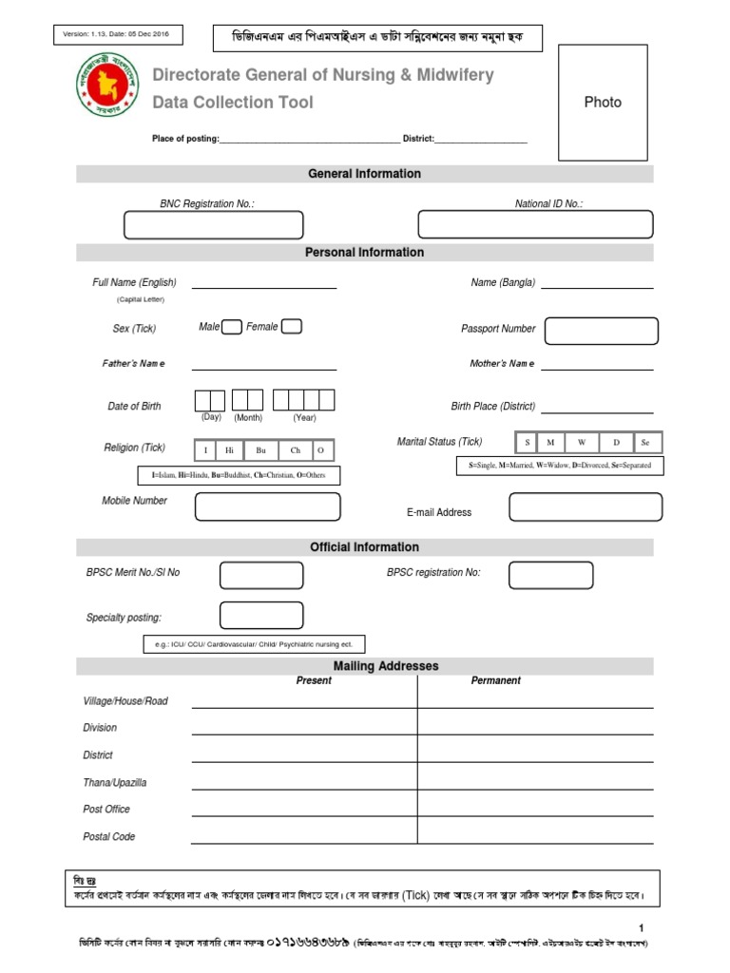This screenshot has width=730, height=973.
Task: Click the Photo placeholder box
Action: click(603, 103)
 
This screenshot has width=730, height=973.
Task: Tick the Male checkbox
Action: click(232, 327)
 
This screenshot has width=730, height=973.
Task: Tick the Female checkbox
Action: click(292, 327)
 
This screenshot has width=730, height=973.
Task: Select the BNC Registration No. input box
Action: click(214, 225)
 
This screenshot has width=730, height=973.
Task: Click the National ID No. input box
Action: click(535, 224)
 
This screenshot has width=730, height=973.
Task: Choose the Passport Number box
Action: click(601, 331)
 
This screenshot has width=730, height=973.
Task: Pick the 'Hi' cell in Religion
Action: click(230, 450)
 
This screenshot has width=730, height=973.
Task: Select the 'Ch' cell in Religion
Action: click(295, 450)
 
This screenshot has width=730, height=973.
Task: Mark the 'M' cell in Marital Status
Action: click(549, 443)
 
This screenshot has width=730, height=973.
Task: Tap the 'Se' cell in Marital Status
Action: click(645, 443)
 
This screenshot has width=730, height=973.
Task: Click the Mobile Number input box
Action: click(267, 506)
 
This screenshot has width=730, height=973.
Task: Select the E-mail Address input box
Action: click(585, 506)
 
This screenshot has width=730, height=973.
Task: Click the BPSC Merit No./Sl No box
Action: click(261, 575)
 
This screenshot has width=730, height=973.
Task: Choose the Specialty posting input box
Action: click(261, 616)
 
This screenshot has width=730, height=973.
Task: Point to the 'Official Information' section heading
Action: click(364, 547)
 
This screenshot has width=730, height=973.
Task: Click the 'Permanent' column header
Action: click(495, 680)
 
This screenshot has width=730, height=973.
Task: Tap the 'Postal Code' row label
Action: click(109, 837)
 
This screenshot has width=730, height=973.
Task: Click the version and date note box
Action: click(118, 35)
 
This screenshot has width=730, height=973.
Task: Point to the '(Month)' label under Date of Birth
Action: click(248, 418)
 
